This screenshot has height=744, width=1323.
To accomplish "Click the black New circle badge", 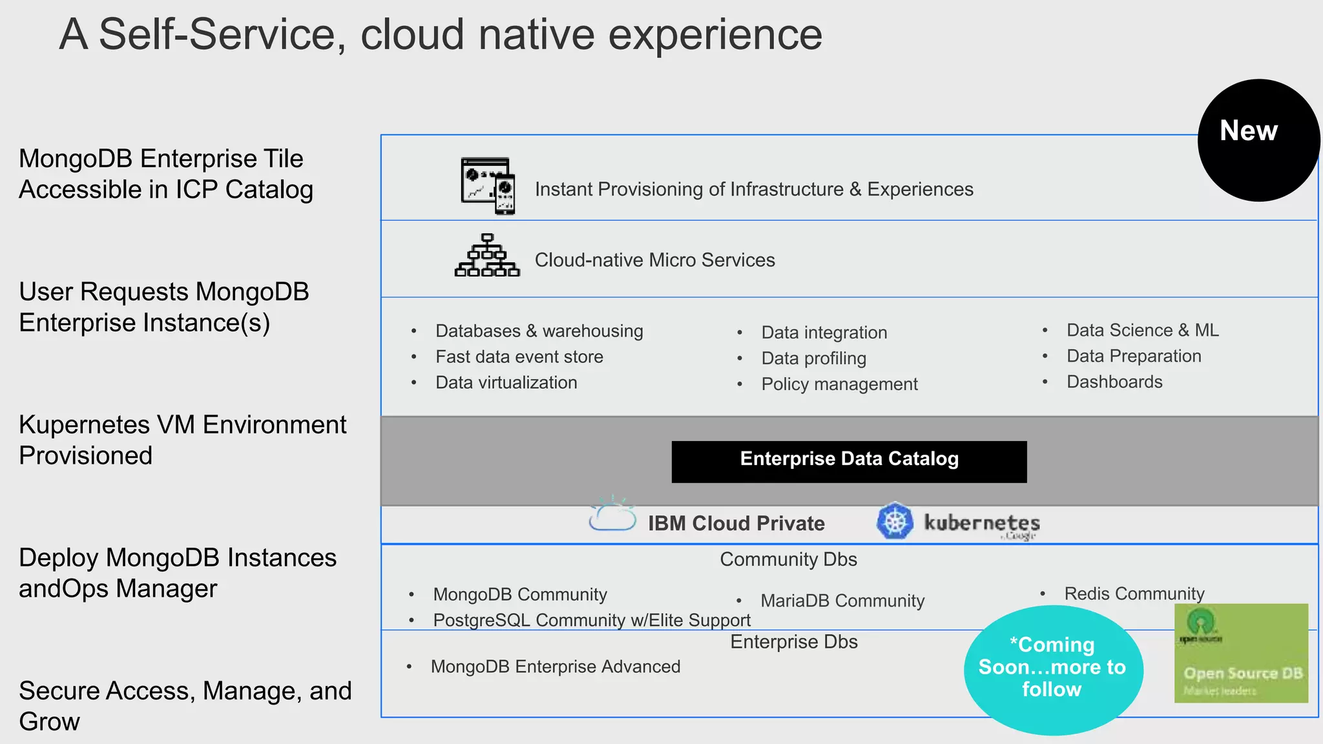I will pos(1258,140).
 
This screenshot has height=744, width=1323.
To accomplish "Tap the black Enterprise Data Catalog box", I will pos(849,461).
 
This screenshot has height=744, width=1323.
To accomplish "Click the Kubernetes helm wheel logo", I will pos(895,521).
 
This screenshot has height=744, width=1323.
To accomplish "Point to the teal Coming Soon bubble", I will pos(1053,669).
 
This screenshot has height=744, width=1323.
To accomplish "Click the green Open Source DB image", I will pos(1241,654).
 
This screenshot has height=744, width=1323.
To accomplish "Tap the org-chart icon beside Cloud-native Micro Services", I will pos(487,256).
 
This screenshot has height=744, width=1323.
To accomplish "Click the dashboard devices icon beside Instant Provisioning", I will pos(488,186).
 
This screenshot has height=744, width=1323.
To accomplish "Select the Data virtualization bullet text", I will pos(506,382).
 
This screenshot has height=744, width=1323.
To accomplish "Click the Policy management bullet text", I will pos(839,384).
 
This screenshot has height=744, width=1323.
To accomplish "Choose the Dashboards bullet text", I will pos(1114,382).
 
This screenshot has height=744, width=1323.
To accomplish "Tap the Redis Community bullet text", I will pos(1134,594).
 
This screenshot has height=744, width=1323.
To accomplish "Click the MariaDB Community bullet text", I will pos(842,601).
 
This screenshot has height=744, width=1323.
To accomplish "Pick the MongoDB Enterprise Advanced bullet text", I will pos(556,666).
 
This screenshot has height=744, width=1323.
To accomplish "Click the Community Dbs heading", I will pos(788,559).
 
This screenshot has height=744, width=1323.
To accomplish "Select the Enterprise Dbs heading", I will pos(794,642).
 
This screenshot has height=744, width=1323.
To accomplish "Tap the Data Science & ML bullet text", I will pos(1142,330).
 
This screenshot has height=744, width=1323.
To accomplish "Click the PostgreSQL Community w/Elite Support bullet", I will pos(592,620).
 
